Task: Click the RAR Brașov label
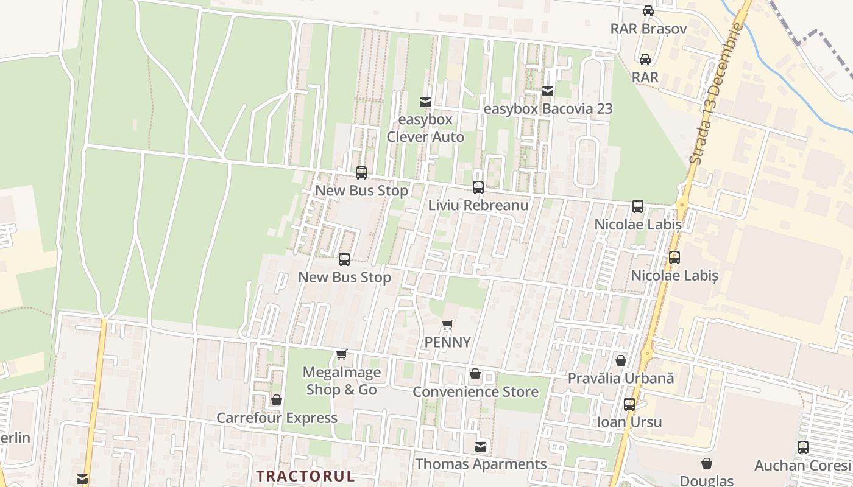(648, 29)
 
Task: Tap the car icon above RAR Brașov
(648, 11)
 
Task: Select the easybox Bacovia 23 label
(548, 109)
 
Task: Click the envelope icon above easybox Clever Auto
(425, 102)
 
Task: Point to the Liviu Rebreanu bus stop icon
(478, 187)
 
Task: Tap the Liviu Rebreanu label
(478, 205)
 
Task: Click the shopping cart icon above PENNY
(448, 324)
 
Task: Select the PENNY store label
(448, 342)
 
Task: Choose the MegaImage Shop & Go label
(341, 380)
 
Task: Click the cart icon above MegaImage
(342, 354)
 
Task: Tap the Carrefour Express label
(277, 418)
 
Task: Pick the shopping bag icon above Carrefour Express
(277, 400)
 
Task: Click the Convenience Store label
(475, 391)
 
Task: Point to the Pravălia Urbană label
(621, 378)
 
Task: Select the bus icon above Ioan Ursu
(629, 404)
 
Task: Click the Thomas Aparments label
(481, 464)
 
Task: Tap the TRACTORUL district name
(305, 475)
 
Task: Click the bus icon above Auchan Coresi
(803, 447)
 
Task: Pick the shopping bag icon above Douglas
(707, 463)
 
